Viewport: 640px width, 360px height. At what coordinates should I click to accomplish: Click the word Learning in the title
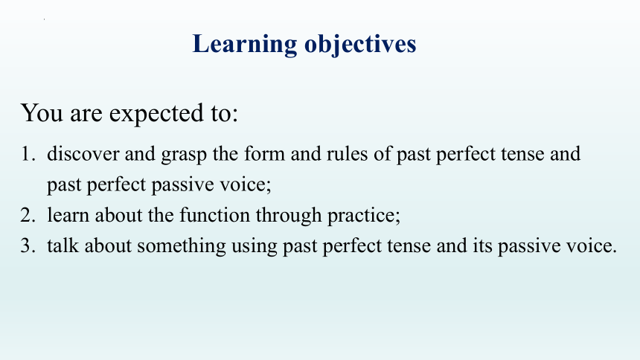tap(245, 45)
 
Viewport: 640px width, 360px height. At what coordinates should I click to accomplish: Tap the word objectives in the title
tap(360, 45)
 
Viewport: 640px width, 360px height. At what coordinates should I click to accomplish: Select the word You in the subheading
tap(42, 112)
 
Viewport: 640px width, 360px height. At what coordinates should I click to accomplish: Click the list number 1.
tap(28, 154)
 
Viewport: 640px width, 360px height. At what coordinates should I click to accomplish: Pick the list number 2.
tap(28, 216)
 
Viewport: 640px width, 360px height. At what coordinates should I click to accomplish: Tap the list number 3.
tap(28, 246)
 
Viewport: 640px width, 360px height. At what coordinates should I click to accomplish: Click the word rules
tap(347, 154)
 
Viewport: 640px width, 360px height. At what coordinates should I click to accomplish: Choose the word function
tap(214, 215)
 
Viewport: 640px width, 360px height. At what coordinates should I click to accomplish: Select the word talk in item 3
tap(63, 245)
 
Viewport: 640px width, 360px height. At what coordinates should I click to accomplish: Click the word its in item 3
tap(482, 245)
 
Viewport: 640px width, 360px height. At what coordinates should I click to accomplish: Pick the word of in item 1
tap(383, 154)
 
